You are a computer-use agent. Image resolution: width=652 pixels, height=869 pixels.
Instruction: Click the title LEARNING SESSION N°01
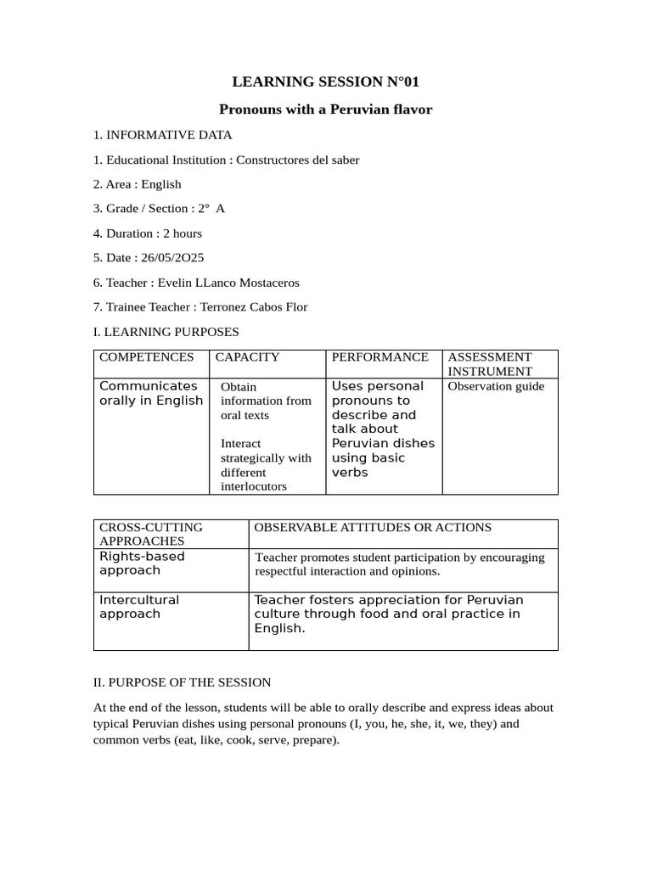(326, 82)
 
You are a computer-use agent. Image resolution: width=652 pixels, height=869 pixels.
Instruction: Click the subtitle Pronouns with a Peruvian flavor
(326, 109)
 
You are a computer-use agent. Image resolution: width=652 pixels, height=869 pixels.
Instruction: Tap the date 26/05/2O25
(175, 257)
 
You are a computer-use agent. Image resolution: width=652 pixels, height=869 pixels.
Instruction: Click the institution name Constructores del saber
(297, 160)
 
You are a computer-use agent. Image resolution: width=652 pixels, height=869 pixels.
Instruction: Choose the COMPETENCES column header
(146, 357)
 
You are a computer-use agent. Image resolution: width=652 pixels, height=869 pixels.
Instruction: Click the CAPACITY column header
(247, 357)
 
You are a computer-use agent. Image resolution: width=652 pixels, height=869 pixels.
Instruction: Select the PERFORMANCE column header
(379, 357)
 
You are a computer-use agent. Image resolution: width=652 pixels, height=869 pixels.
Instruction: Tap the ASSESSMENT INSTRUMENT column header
(490, 364)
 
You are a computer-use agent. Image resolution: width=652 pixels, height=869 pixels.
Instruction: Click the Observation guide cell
(496, 386)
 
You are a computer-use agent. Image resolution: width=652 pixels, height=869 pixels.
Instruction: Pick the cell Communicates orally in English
(151, 393)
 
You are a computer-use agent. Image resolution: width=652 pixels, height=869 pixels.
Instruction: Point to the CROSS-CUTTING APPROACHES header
(151, 534)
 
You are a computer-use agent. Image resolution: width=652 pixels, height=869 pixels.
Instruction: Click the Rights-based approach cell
(142, 563)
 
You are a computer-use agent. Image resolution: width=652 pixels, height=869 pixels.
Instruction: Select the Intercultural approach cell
(140, 606)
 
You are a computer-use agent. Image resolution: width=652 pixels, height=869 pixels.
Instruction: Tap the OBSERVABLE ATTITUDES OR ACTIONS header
(373, 527)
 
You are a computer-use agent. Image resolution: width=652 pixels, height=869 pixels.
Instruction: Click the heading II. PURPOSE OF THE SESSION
(182, 681)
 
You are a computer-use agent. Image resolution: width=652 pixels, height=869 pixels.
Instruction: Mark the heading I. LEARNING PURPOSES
(166, 331)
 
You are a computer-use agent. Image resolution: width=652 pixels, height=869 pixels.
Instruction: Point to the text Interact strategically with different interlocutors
(266, 465)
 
